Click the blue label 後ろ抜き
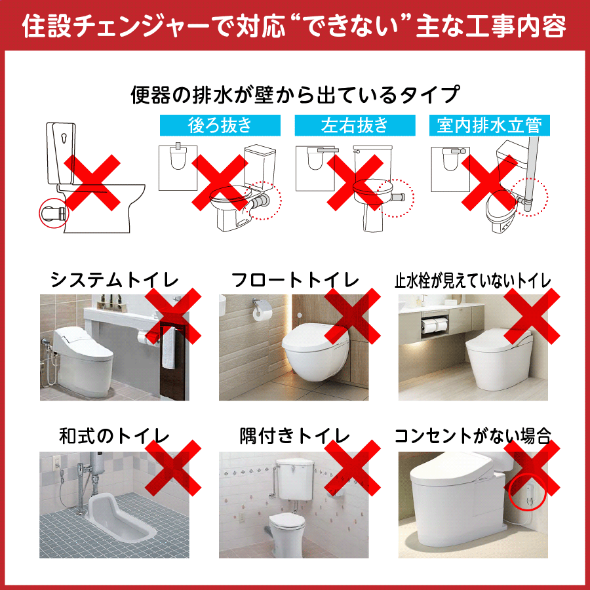(x=220, y=125)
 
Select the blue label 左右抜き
(x=355, y=125)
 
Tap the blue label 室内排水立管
(x=490, y=125)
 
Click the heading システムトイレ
(x=114, y=280)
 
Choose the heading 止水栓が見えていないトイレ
(x=473, y=281)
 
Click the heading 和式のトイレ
(x=114, y=436)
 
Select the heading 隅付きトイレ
(x=295, y=436)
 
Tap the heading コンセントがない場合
(x=473, y=436)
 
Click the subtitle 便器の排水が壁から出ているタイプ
(x=296, y=94)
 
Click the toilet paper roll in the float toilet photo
(x=260, y=313)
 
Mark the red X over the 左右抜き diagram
(x=355, y=182)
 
